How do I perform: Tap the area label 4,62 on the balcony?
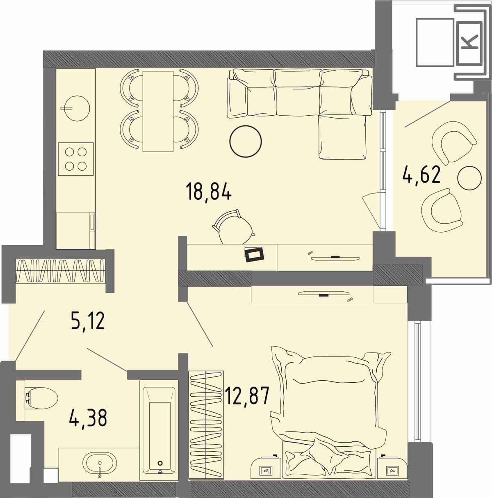click(x=421, y=175)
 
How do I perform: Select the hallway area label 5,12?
click(x=87, y=321)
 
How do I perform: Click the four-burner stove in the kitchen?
click(x=76, y=159)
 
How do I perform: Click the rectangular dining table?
click(x=158, y=112)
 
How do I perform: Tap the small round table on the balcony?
click(x=469, y=178)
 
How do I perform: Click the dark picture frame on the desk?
click(x=255, y=255)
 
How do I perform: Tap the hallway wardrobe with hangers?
click(x=60, y=271)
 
